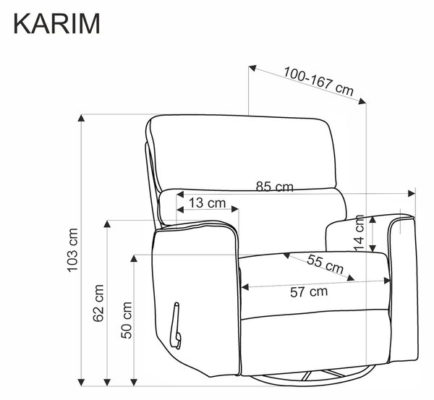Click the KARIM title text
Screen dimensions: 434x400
[x=56, y=23]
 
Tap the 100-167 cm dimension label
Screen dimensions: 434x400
[x=319, y=81]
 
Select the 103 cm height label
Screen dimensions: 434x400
[x=73, y=250]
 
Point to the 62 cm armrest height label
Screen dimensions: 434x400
[x=98, y=303]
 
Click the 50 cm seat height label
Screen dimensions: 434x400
[x=126, y=320]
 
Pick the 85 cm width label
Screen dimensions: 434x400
[x=274, y=187]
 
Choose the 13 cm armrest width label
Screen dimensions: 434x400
[x=207, y=203]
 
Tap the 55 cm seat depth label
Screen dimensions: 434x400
[x=325, y=264]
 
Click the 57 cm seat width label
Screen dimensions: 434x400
[x=309, y=292]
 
